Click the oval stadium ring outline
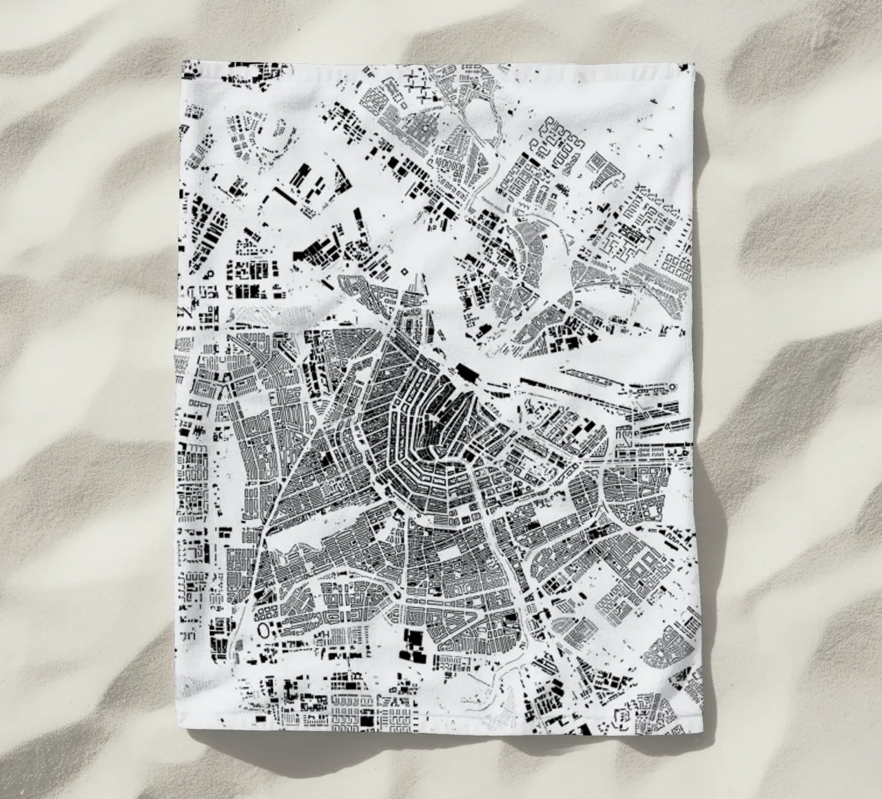263,630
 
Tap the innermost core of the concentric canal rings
441,448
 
